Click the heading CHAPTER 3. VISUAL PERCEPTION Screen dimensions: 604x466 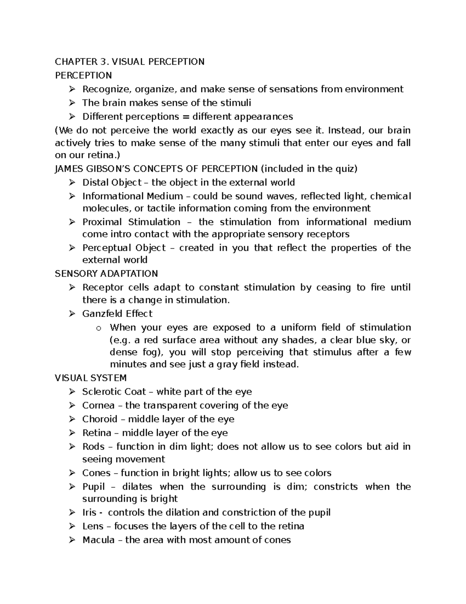point(129,62)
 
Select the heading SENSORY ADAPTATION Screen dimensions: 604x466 point(106,274)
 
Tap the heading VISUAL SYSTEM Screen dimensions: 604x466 point(91,378)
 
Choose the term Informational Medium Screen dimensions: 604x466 point(132,196)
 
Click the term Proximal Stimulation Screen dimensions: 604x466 point(131,222)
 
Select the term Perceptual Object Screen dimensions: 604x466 point(124,248)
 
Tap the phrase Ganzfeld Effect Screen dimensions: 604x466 point(117,314)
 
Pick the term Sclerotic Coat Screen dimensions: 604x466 point(114,392)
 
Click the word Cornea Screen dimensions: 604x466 point(98,406)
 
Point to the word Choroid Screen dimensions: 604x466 point(100,419)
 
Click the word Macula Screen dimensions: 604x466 point(98,540)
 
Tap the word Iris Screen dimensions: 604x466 point(89,513)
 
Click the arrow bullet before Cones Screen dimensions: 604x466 point(72,473)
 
